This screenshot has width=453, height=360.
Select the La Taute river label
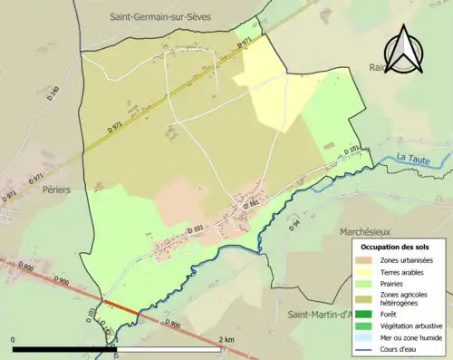[x=414, y=158]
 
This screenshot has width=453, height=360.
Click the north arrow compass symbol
[x=405, y=49]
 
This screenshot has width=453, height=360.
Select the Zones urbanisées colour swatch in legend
[x=368, y=261]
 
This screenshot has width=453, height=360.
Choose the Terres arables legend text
[x=405, y=272]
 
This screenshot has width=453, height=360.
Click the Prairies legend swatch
[x=368, y=283]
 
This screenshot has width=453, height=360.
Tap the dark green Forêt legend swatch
[x=368, y=315]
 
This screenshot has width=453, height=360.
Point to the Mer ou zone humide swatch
[x=368, y=336]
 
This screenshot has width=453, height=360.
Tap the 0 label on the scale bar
[x=14, y=339]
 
